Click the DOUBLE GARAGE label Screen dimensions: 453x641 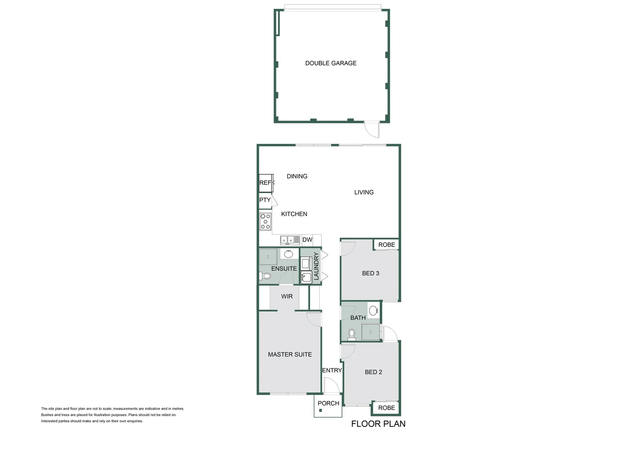(x=331, y=63)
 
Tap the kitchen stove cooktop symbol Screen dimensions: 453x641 (x=266, y=221)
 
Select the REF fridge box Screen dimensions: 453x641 (x=266, y=183)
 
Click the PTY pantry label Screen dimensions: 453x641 (x=265, y=200)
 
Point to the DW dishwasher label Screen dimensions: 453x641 (x=307, y=240)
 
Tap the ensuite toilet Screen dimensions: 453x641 (x=266, y=276)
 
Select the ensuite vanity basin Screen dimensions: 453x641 (x=289, y=254)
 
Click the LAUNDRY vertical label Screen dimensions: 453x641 (x=316, y=266)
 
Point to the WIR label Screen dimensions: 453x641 (x=287, y=297)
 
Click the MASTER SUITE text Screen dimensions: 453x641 (x=290, y=354)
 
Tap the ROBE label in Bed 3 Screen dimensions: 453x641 (x=386, y=245)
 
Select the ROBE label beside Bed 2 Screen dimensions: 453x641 (x=386, y=408)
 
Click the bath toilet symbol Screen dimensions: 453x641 (x=352, y=334)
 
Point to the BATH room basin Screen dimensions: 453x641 (x=373, y=311)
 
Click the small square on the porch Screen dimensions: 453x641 (x=320, y=411)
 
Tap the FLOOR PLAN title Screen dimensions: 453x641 (x=378, y=424)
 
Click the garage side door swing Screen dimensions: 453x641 (x=372, y=129)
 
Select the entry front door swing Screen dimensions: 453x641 (x=331, y=385)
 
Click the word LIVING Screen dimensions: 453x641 (x=364, y=193)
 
